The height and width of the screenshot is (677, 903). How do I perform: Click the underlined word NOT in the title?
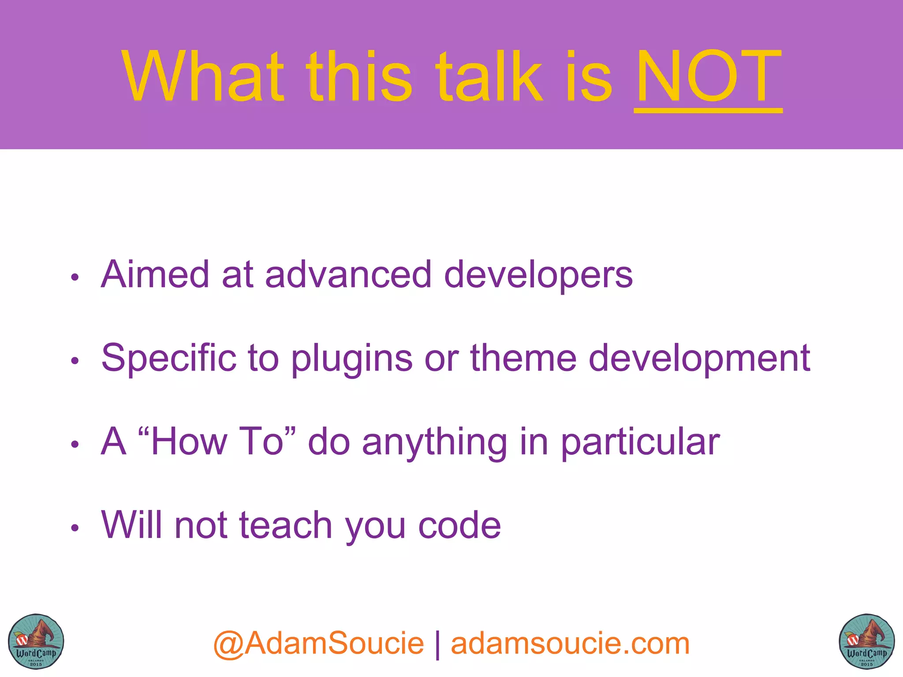tap(708, 77)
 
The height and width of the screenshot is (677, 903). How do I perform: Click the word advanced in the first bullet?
tap(348, 275)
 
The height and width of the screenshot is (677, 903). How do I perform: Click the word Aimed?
tap(155, 275)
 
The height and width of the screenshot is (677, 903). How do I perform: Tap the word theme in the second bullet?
tap(523, 358)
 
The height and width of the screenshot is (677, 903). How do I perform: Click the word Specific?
tap(169, 358)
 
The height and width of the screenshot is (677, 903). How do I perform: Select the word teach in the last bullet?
tap(286, 525)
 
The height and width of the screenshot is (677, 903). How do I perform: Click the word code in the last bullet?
tap(459, 526)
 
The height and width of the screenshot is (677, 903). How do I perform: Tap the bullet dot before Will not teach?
tap(75, 528)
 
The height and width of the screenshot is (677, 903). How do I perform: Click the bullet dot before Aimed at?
tap(75, 277)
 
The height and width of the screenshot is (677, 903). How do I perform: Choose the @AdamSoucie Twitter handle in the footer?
tap(318, 644)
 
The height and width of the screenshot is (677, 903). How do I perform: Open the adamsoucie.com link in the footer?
tap(570, 644)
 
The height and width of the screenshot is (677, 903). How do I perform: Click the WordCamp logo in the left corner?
tap(36, 641)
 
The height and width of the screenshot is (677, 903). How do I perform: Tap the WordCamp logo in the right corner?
tap(866, 641)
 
